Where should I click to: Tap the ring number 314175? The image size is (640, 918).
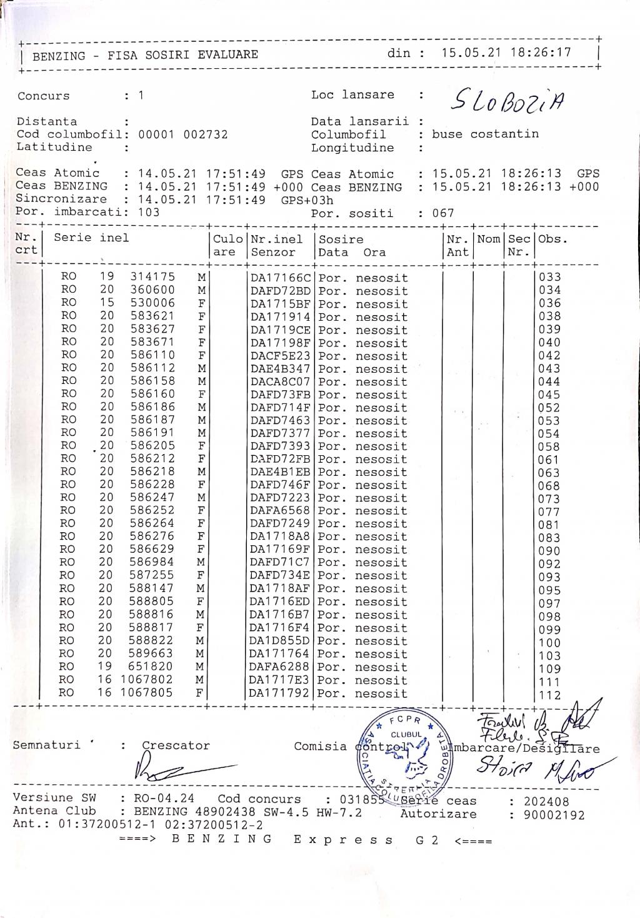152,277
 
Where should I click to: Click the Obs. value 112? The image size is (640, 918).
550,695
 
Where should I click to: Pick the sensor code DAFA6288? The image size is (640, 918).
280,667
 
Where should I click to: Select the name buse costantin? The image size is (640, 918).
485,134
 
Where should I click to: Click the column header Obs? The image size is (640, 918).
549,240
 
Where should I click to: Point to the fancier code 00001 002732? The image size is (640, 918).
182,134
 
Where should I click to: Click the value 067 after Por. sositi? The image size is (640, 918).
443,213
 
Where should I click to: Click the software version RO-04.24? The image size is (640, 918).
164,799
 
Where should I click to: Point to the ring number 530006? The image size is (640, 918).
152,303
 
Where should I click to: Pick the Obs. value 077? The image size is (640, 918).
549,512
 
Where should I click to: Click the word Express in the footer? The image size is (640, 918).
343,840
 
